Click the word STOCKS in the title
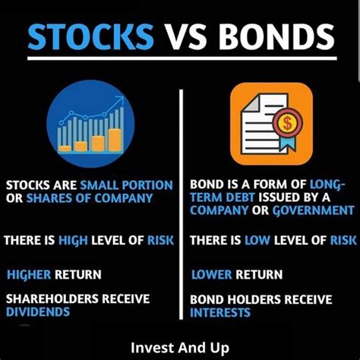[90, 36]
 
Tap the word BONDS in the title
[276, 36]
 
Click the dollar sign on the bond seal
[287, 123]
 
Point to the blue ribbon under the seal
[288, 144]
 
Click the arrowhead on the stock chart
[121, 99]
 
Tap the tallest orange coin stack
[115, 140]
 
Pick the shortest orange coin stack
[65, 149]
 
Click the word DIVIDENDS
[38, 312]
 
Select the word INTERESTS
[220, 313]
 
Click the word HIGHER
[29, 275]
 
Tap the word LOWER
[212, 275]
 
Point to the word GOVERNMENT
[314, 210]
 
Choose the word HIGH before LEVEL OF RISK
[73, 240]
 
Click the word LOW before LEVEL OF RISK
[257, 240]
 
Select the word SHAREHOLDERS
[52, 299]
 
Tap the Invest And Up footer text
[180, 348]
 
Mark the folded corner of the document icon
[251, 103]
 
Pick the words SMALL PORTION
[127, 185]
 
